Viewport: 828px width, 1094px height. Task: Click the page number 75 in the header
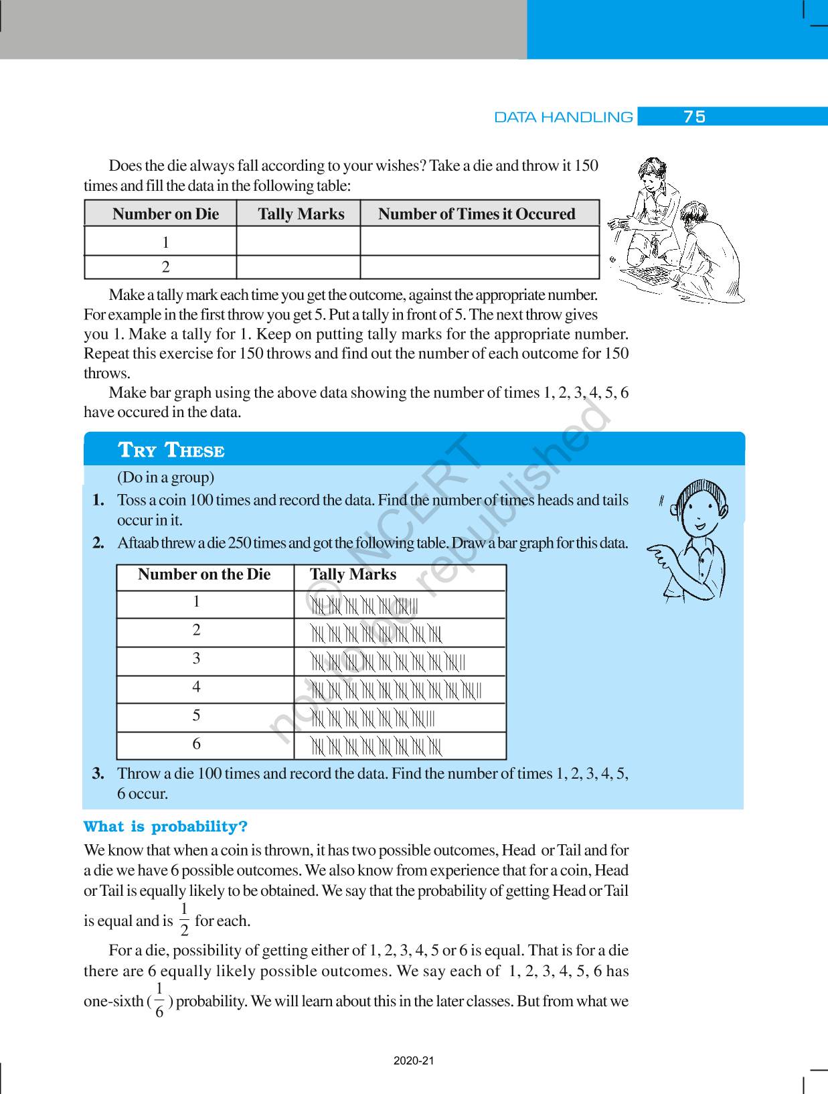pos(694,117)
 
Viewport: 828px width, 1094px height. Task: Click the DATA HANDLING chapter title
pos(563,117)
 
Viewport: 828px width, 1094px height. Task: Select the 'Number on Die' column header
pos(165,214)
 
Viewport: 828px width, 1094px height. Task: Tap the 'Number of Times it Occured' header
pos(476,214)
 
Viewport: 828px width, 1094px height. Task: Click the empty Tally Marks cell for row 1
pos(298,241)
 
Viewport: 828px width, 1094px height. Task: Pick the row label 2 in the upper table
pos(166,267)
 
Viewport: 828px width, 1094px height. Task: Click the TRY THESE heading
pos(171,450)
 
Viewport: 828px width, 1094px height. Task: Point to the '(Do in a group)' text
pos(165,477)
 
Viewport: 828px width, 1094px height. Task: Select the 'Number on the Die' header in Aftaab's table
pos(204,574)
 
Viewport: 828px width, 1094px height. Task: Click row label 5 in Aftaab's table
pos(196,715)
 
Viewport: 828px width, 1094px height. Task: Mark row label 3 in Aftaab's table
pos(196,658)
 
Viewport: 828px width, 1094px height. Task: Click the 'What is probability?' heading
pos(165,826)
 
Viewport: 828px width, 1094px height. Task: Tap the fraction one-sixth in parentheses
pos(159,1000)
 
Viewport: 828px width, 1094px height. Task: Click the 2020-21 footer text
pos(414,1061)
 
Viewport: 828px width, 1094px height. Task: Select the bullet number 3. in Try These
pos(98,774)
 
